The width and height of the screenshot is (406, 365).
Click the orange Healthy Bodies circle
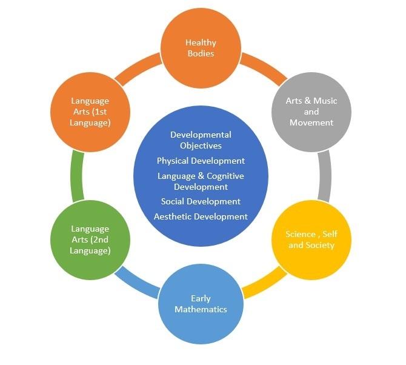pyautogui.click(x=201, y=48)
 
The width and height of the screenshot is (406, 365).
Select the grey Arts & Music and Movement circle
pyautogui.click(x=311, y=112)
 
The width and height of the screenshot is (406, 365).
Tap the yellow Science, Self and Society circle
pyautogui.click(x=310, y=239)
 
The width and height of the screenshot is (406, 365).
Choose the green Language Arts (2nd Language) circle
pyautogui.click(x=90, y=239)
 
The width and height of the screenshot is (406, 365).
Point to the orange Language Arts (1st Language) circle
pyautogui.click(x=90, y=112)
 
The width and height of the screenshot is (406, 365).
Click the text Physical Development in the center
pyautogui.click(x=201, y=161)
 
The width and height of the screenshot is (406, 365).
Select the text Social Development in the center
pyautogui.click(x=201, y=201)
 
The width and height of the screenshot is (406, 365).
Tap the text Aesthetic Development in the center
pyautogui.click(x=201, y=216)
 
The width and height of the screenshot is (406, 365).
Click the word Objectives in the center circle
pyautogui.click(x=201, y=146)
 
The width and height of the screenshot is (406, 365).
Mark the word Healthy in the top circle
pyautogui.click(x=201, y=43)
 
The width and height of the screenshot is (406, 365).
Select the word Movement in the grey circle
pyautogui.click(x=311, y=122)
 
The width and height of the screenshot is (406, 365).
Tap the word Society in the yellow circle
pyautogui.click(x=321, y=246)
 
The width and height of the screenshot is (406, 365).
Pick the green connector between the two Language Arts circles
pyautogui.click(x=76, y=176)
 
